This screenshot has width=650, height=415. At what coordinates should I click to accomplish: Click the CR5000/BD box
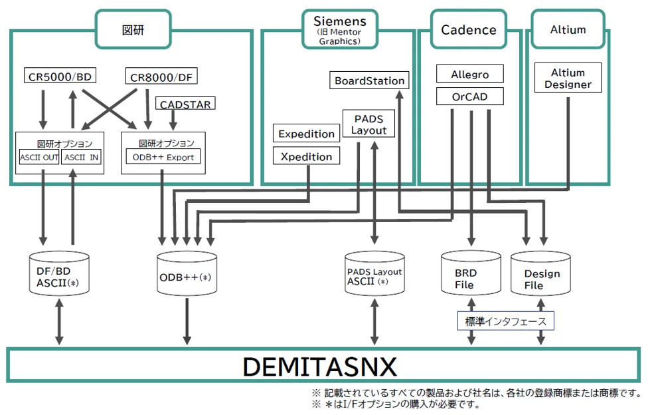(x=60, y=76)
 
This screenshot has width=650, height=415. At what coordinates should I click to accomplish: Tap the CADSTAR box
(x=186, y=104)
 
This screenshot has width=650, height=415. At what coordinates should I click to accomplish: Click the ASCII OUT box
(x=39, y=158)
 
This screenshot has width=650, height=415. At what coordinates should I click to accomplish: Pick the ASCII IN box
(x=81, y=158)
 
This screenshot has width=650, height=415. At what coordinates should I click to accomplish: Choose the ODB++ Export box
(x=163, y=158)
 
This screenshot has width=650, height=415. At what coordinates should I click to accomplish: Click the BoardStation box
(x=369, y=80)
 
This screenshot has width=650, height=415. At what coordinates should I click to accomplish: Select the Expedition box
(x=306, y=134)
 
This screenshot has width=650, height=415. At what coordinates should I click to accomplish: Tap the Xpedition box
(x=306, y=157)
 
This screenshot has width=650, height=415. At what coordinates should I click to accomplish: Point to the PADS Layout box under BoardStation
(x=368, y=124)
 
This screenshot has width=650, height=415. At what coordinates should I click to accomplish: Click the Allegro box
(x=469, y=74)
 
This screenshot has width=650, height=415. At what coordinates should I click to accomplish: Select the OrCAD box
(x=469, y=97)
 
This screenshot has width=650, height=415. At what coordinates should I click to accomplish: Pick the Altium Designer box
(x=568, y=78)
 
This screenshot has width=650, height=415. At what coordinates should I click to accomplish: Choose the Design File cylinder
(x=542, y=275)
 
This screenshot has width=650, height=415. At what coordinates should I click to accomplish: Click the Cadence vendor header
(x=468, y=30)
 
